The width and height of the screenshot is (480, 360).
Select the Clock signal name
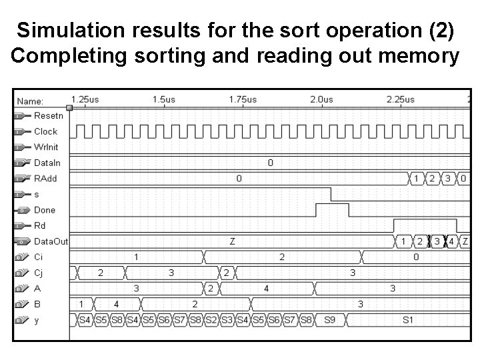point(45,131)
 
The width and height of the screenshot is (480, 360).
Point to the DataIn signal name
point(47,163)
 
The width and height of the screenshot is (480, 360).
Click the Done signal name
point(45,210)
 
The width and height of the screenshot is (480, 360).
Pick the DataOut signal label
point(51,241)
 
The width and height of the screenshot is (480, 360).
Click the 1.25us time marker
point(85,100)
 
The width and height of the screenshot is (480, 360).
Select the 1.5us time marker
point(164,100)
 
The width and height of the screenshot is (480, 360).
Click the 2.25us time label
point(400,100)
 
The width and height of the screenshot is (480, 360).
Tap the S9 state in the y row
point(329,320)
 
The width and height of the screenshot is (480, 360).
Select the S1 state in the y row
point(408,320)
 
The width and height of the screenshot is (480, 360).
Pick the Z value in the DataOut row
point(232,241)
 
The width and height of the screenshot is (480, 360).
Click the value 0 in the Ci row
point(416,257)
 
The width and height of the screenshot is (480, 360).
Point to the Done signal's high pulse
point(331,207)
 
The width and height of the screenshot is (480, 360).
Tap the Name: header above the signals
point(30,101)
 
